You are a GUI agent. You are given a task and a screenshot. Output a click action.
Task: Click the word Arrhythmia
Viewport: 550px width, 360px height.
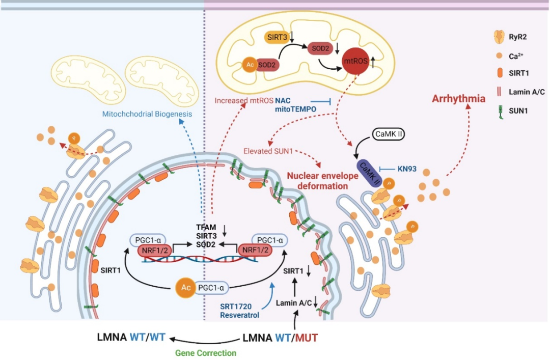point(458,98)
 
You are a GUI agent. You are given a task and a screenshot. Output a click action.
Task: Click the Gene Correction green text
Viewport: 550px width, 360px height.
point(206,352)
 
